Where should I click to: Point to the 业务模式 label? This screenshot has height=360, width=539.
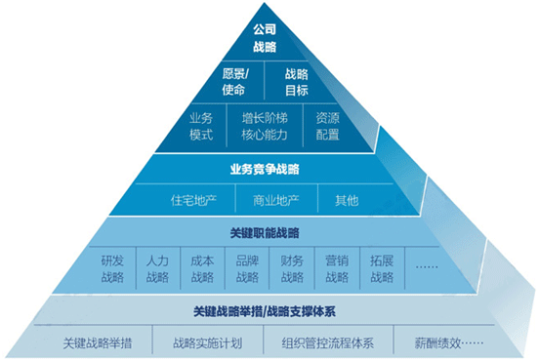[201, 126]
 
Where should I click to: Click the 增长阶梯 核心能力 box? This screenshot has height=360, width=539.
[265, 126]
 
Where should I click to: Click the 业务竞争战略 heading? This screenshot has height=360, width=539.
[265, 169]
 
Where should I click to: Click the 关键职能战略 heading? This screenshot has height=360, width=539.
[265, 233]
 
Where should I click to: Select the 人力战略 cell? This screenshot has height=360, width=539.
[157, 268]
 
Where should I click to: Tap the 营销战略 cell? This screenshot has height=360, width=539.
[337, 268]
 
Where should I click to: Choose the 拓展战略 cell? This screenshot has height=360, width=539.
[382, 268]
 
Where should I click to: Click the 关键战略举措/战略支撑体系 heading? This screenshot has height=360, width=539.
[265, 311]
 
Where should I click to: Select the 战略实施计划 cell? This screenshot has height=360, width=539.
[206, 342]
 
